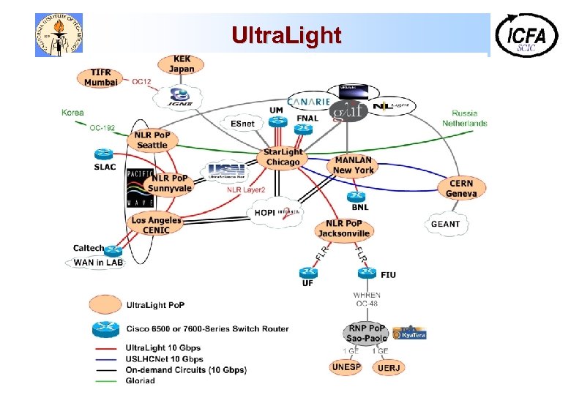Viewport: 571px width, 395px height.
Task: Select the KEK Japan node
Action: [x=182, y=64]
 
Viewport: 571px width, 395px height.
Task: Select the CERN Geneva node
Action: [x=461, y=189]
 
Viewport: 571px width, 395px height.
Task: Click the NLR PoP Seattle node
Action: [x=152, y=140]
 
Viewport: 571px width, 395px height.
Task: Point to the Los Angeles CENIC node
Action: [x=156, y=225]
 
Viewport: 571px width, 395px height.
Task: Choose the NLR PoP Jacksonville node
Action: [x=343, y=228]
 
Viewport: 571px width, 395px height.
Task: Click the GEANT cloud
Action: [x=445, y=224]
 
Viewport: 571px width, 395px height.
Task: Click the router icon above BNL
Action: [x=357, y=197]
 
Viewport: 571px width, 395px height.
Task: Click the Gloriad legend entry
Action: [x=141, y=380]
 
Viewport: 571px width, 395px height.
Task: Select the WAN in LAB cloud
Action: [x=98, y=263]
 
